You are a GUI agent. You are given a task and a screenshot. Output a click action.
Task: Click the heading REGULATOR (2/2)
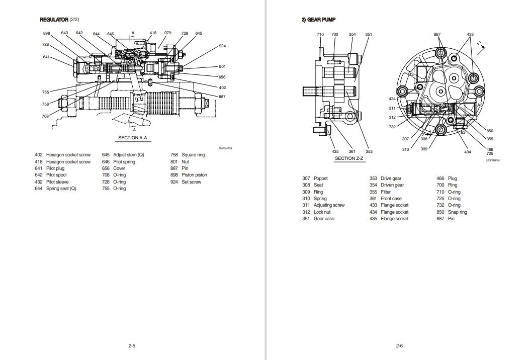(59, 20)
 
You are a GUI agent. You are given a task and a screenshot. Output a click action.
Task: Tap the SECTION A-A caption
(132, 138)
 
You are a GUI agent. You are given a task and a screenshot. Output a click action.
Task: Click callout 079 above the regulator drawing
(167, 33)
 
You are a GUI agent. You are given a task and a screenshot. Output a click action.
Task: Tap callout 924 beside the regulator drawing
(222, 46)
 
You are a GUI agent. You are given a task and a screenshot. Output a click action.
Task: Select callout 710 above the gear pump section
(320, 34)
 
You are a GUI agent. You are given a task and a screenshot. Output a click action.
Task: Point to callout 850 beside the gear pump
(490, 131)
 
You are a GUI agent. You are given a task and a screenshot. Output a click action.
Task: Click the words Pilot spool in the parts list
(57, 175)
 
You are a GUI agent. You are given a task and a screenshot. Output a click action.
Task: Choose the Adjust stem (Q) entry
(129, 155)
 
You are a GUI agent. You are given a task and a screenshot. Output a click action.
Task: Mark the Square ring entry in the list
(193, 155)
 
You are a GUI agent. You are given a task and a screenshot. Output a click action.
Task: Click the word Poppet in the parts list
(320, 178)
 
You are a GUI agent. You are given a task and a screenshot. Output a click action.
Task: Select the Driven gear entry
(392, 185)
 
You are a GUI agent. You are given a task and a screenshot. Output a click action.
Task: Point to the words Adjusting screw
(329, 205)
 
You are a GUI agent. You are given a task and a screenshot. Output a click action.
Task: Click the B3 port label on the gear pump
(411, 74)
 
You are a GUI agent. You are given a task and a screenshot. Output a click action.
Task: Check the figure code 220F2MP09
(225, 148)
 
